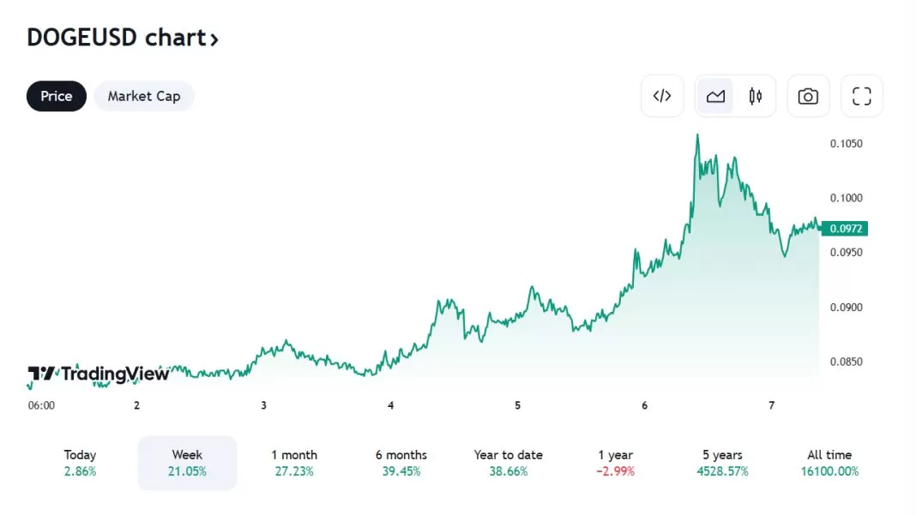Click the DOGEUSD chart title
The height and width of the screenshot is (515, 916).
123,38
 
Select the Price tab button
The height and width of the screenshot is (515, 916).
57,96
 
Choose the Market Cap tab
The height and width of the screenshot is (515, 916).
144,96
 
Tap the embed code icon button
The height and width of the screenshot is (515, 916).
662,96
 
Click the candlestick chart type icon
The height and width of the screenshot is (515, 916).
756,96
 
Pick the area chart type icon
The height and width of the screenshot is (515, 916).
715,96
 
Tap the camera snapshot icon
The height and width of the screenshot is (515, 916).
808,96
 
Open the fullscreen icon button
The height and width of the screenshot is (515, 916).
861,96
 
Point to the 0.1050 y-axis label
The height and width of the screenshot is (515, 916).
846,143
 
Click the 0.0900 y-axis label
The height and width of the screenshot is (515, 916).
846,308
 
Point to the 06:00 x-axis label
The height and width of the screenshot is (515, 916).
41,405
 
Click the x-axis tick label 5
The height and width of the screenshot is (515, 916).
518,405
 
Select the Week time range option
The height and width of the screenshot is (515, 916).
187,463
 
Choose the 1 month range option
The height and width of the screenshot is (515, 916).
294,463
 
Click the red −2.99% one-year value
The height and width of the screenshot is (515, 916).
616,471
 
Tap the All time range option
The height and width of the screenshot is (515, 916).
829,463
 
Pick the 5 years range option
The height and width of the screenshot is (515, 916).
722,463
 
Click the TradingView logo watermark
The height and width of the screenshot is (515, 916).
86,374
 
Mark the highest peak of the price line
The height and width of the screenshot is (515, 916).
697,135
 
